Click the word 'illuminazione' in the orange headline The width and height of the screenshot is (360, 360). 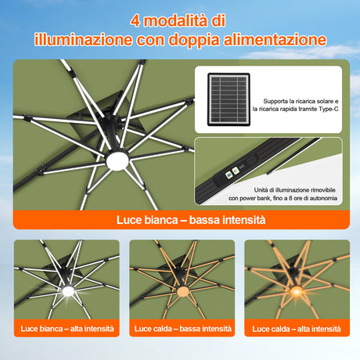pyautogui.click(x=81, y=39)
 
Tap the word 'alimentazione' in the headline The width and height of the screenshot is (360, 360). pyautogui.click(x=273, y=39)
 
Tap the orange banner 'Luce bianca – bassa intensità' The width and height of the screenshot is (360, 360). pyautogui.click(x=181, y=221)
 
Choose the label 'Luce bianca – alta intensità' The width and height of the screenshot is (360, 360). pyautogui.click(x=67, y=329)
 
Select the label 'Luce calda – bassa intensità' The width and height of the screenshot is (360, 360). pyautogui.click(x=182, y=329)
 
